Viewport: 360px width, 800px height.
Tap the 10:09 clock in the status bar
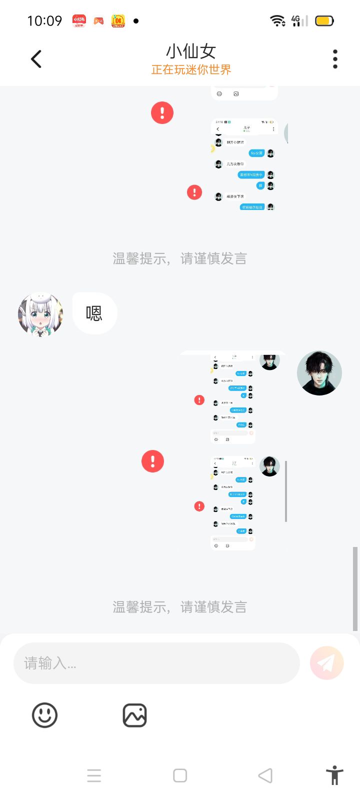click(44, 21)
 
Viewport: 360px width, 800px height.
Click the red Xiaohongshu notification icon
click(79, 20)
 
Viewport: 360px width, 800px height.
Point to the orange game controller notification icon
click(99, 21)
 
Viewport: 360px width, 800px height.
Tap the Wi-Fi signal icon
click(277, 20)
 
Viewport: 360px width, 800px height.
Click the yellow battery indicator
click(324, 21)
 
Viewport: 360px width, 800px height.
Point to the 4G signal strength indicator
click(299, 20)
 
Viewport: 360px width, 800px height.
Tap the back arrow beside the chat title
click(36, 59)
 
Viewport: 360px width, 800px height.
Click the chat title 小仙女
click(191, 51)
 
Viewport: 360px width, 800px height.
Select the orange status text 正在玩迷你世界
click(191, 70)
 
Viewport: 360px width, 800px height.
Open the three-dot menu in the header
click(335, 59)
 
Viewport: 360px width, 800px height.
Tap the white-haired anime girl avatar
click(40, 314)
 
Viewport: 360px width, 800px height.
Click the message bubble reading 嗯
click(94, 313)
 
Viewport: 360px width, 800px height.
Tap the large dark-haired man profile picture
click(319, 373)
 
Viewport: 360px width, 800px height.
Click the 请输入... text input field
click(156, 663)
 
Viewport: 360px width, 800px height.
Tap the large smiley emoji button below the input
click(45, 715)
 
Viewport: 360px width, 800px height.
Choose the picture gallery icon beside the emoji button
click(134, 715)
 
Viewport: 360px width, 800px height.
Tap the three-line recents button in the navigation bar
click(94, 775)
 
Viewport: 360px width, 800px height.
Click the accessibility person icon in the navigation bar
click(334, 775)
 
